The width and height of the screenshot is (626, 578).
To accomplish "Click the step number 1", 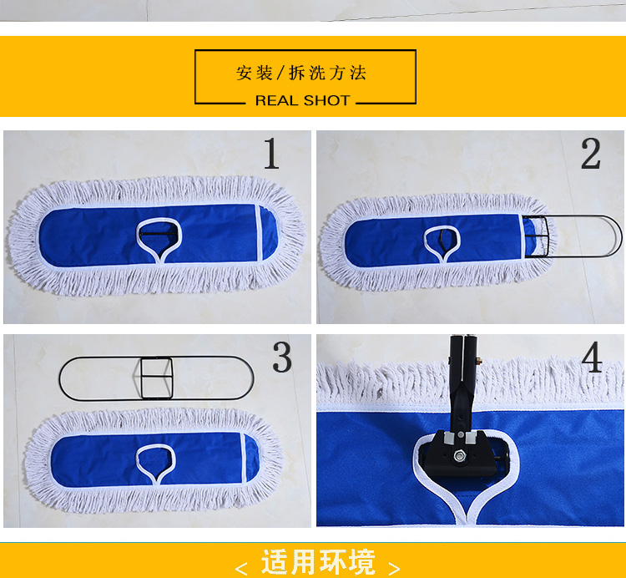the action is pyautogui.click(x=271, y=154).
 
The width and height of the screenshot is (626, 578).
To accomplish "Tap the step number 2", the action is pyautogui.click(x=590, y=154).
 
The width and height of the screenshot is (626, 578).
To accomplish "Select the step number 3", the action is pyautogui.click(x=282, y=357).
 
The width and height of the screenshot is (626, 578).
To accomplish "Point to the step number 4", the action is pyautogui.click(x=592, y=357).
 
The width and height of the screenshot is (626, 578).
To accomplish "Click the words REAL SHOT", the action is pyautogui.click(x=303, y=100).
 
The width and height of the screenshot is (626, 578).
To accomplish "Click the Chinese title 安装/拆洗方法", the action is pyautogui.click(x=301, y=74).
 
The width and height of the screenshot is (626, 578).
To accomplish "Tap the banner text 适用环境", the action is pyautogui.click(x=318, y=561).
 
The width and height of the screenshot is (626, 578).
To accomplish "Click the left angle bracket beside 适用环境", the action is pyautogui.click(x=241, y=567).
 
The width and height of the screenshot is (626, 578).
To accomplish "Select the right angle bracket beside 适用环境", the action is pyautogui.click(x=394, y=567).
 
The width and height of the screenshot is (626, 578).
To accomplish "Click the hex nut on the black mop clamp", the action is pyautogui.click(x=459, y=454).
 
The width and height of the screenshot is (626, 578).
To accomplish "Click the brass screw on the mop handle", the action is pyautogui.click(x=478, y=361).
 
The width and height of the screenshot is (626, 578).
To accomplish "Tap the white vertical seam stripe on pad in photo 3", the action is pyautogui.click(x=244, y=458).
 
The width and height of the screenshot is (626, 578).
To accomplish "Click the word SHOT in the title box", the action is pyautogui.click(x=326, y=100).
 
